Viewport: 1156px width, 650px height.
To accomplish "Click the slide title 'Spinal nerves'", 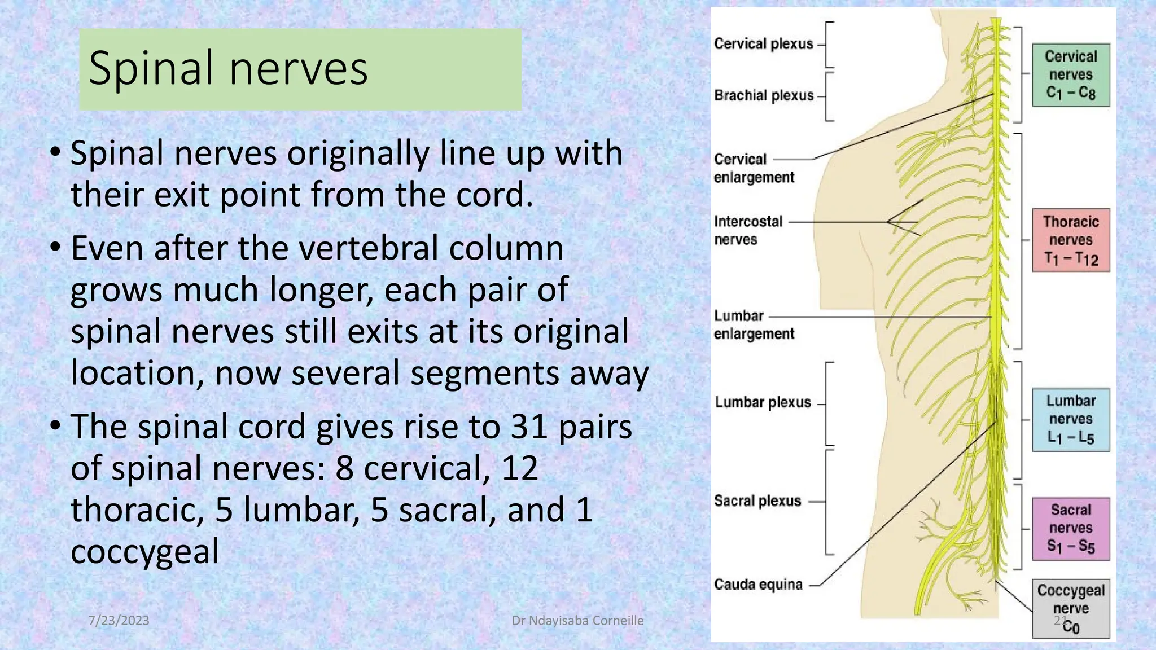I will point(228,69).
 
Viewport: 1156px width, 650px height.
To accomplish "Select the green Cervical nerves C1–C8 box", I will point(1071,75).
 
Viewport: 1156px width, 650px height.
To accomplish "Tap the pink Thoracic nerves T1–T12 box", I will point(1071,240).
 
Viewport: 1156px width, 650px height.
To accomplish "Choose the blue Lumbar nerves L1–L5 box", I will point(1071,419).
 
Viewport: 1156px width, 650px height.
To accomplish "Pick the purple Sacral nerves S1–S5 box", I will point(1071,528).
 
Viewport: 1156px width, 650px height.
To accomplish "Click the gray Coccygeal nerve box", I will point(1071,608).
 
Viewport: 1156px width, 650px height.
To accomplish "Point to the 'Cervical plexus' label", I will point(763,44).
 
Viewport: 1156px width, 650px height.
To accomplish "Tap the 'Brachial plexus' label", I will point(764,95).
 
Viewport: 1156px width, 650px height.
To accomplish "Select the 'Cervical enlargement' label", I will point(754,168).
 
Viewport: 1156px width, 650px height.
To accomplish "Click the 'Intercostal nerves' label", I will point(748,230).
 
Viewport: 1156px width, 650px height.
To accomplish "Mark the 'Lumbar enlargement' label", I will point(754,325).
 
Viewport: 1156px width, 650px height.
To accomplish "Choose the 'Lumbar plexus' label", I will point(763,402).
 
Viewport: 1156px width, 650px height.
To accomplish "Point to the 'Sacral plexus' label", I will point(757,500).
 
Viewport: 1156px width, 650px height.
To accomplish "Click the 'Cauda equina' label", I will point(758,584).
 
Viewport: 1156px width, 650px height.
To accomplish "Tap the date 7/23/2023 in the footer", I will point(119,621).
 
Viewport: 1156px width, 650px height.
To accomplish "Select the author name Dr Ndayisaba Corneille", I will point(577,621).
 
